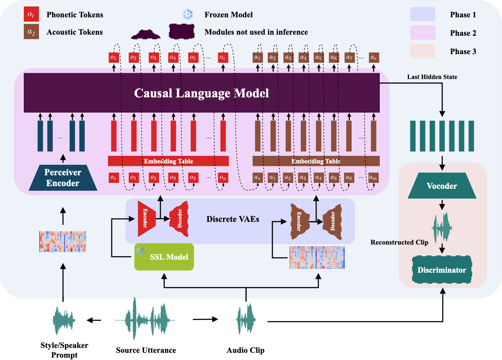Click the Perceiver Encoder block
click(x=63, y=177)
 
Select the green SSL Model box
click(x=164, y=257)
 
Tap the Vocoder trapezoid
click(x=442, y=186)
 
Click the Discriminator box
click(x=442, y=270)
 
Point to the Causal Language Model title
click(x=201, y=93)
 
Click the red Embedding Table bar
click(x=168, y=161)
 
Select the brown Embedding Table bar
click(x=316, y=161)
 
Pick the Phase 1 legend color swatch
click(x=422, y=14)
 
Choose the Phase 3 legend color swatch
click(x=422, y=51)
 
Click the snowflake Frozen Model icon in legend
click(x=188, y=14)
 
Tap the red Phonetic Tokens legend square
click(x=31, y=14)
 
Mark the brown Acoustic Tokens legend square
click(x=31, y=32)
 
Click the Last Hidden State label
click(x=432, y=77)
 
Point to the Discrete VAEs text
click(x=233, y=219)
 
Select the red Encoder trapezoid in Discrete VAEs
click(x=146, y=219)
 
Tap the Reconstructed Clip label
click(x=399, y=242)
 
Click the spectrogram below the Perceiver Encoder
click(x=63, y=242)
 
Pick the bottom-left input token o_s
click(x=114, y=178)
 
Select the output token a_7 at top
click(x=349, y=57)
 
